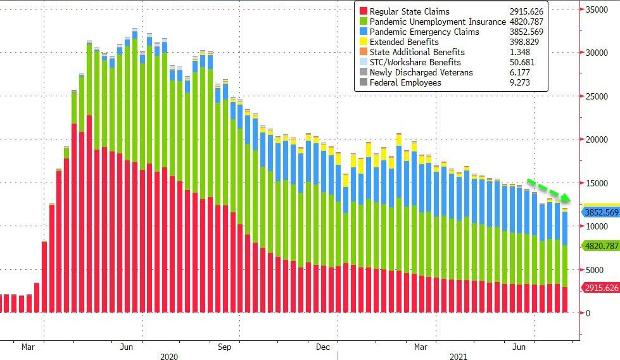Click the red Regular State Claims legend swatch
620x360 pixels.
tap(363, 11)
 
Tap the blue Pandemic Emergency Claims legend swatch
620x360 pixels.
tap(363, 32)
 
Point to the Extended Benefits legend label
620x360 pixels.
tap(405, 42)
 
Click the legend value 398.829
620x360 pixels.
tap(526, 42)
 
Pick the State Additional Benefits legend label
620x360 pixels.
tap(417, 52)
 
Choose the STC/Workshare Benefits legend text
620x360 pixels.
tap(415, 62)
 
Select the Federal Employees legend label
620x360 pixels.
tap(405, 82)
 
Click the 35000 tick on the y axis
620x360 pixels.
tap(598, 10)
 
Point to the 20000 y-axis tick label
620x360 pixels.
tap(598, 139)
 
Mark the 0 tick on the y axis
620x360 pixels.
tap(589, 313)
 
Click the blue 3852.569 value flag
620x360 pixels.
tap(600, 212)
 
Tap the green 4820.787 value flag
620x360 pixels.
tap(600, 245)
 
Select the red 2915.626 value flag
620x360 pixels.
tap(600, 288)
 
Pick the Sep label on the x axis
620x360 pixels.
tap(224, 347)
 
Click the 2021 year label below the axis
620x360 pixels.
tap(458, 356)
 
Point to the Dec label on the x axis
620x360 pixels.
tap(323, 347)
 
